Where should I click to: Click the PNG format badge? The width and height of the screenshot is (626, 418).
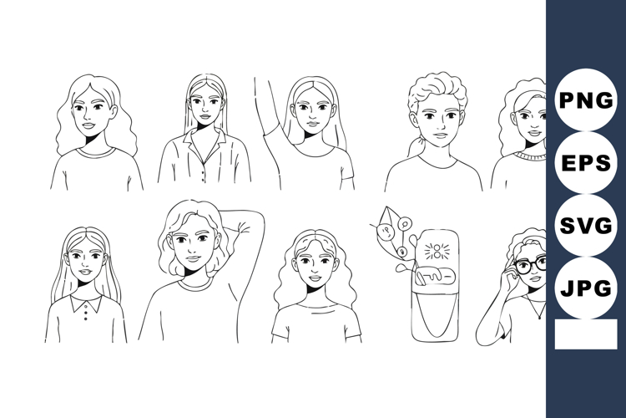click(x=586, y=100)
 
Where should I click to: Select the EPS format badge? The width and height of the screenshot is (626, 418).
click(x=586, y=163)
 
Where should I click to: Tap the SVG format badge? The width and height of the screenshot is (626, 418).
click(x=586, y=225)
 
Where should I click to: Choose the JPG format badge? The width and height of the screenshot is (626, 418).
click(x=586, y=288)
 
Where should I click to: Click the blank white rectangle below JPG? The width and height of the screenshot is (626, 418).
click(x=586, y=334)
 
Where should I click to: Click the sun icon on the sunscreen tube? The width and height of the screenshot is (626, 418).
click(x=437, y=252)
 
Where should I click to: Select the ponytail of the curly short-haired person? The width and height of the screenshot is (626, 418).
click(x=413, y=147)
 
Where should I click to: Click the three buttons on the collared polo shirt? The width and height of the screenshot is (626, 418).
click(x=85, y=313)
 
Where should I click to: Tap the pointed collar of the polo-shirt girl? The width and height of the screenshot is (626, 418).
click(x=86, y=303)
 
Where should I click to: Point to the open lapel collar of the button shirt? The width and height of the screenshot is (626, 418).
click(x=204, y=145)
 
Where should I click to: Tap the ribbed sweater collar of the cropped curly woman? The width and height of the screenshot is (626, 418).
click(x=530, y=156)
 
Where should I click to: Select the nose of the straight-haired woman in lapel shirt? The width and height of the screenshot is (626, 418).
click(x=204, y=109)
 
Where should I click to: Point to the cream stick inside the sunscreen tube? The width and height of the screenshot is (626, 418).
click(x=434, y=276)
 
